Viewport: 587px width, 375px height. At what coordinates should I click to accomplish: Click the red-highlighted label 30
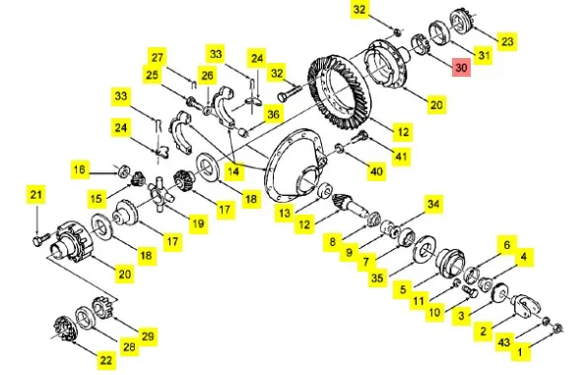pyautogui.click(x=461, y=67)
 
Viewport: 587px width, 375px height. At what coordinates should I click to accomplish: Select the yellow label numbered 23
pyautogui.click(x=507, y=40)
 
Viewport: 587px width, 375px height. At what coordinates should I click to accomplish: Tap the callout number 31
pyautogui.click(x=484, y=55)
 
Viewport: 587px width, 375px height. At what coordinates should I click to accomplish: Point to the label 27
pyautogui.click(x=158, y=57)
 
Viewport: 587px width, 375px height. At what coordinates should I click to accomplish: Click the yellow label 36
pyautogui.click(x=273, y=114)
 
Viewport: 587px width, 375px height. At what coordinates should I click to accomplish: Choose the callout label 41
pyautogui.click(x=401, y=156)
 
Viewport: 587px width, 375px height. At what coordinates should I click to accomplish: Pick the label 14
pyautogui.click(x=233, y=171)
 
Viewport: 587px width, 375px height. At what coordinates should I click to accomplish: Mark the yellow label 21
pyautogui.click(x=35, y=195)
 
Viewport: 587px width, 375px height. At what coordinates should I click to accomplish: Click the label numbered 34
pyautogui.click(x=433, y=204)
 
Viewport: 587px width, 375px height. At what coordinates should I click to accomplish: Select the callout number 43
pyautogui.click(x=504, y=342)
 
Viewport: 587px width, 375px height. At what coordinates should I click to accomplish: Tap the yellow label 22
pyautogui.click(x=106, y=360)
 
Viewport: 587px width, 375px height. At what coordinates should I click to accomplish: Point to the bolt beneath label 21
pyautogui.click(x=40, y=239)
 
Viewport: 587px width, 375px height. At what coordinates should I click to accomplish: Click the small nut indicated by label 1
pyautogui.click(x=557, y=328)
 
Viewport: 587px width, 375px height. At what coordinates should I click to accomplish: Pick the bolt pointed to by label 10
pyautogui.click(x=470, y=291)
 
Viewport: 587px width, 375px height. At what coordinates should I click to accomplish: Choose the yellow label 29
pyautogui.click(x=148, y=336)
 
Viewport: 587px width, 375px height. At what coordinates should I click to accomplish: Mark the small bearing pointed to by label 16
pyautogui.click(x=123, y=171)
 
